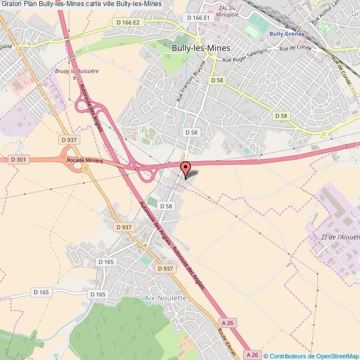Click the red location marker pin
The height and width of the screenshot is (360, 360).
(x=186, y=167)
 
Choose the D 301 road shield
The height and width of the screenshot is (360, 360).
(x=18, y=160)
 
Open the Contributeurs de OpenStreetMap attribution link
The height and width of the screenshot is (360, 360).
(x=314, y=356)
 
